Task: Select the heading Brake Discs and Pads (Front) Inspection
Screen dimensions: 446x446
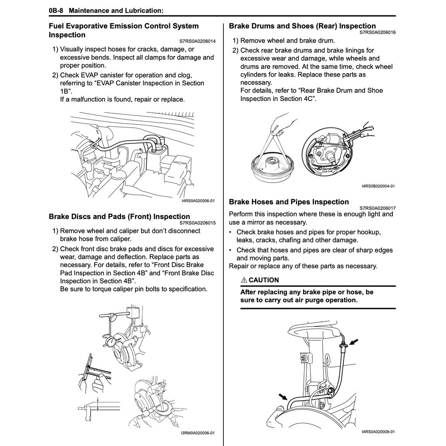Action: (119, 216)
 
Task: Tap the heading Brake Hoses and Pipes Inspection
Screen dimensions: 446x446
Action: (289, 202)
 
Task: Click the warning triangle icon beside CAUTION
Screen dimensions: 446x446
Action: (244, 280)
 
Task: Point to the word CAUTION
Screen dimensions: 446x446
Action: (264, 280)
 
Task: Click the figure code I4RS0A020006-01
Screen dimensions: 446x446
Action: (198, 201)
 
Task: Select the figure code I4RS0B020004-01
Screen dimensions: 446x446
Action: (378, 186)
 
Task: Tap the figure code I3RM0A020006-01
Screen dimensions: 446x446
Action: (198, 433)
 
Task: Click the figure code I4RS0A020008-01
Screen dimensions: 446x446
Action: (378, 432)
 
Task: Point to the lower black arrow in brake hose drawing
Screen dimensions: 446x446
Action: (284, 396)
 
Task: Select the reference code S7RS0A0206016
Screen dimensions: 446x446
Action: (378, 32)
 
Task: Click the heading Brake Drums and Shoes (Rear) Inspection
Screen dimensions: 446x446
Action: (302, 26)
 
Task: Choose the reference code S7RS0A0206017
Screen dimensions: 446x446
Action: (378, 208)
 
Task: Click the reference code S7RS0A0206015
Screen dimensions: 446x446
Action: (197, 223)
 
